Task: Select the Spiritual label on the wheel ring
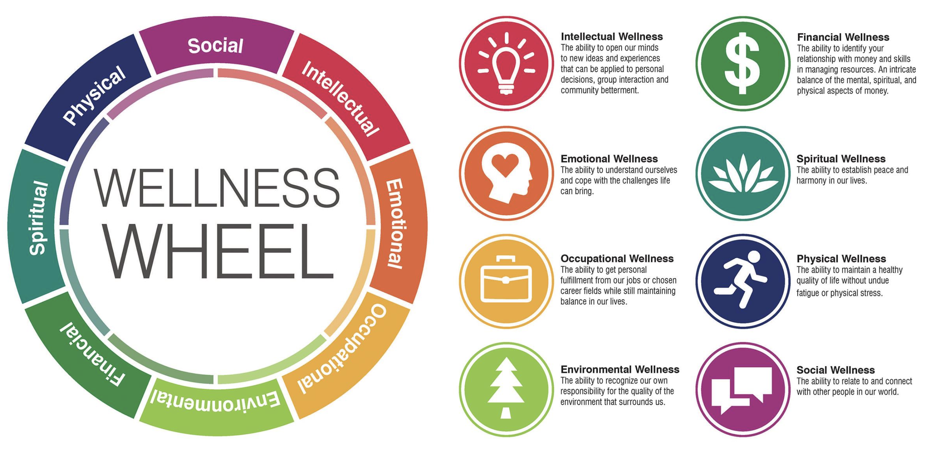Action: click(x=39, y=218)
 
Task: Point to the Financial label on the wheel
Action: click(x=92, y=353)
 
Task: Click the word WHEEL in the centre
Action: click(x=219, y=252)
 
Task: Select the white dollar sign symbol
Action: click(x=743, y=63)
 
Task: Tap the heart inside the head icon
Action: click(x=505, y=164)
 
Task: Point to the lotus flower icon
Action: click(x=743, y=174)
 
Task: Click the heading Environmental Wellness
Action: click(x=620, y=369)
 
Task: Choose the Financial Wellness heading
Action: click(x=843, y=37)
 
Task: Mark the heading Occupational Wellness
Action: click(x=617, y=259)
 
